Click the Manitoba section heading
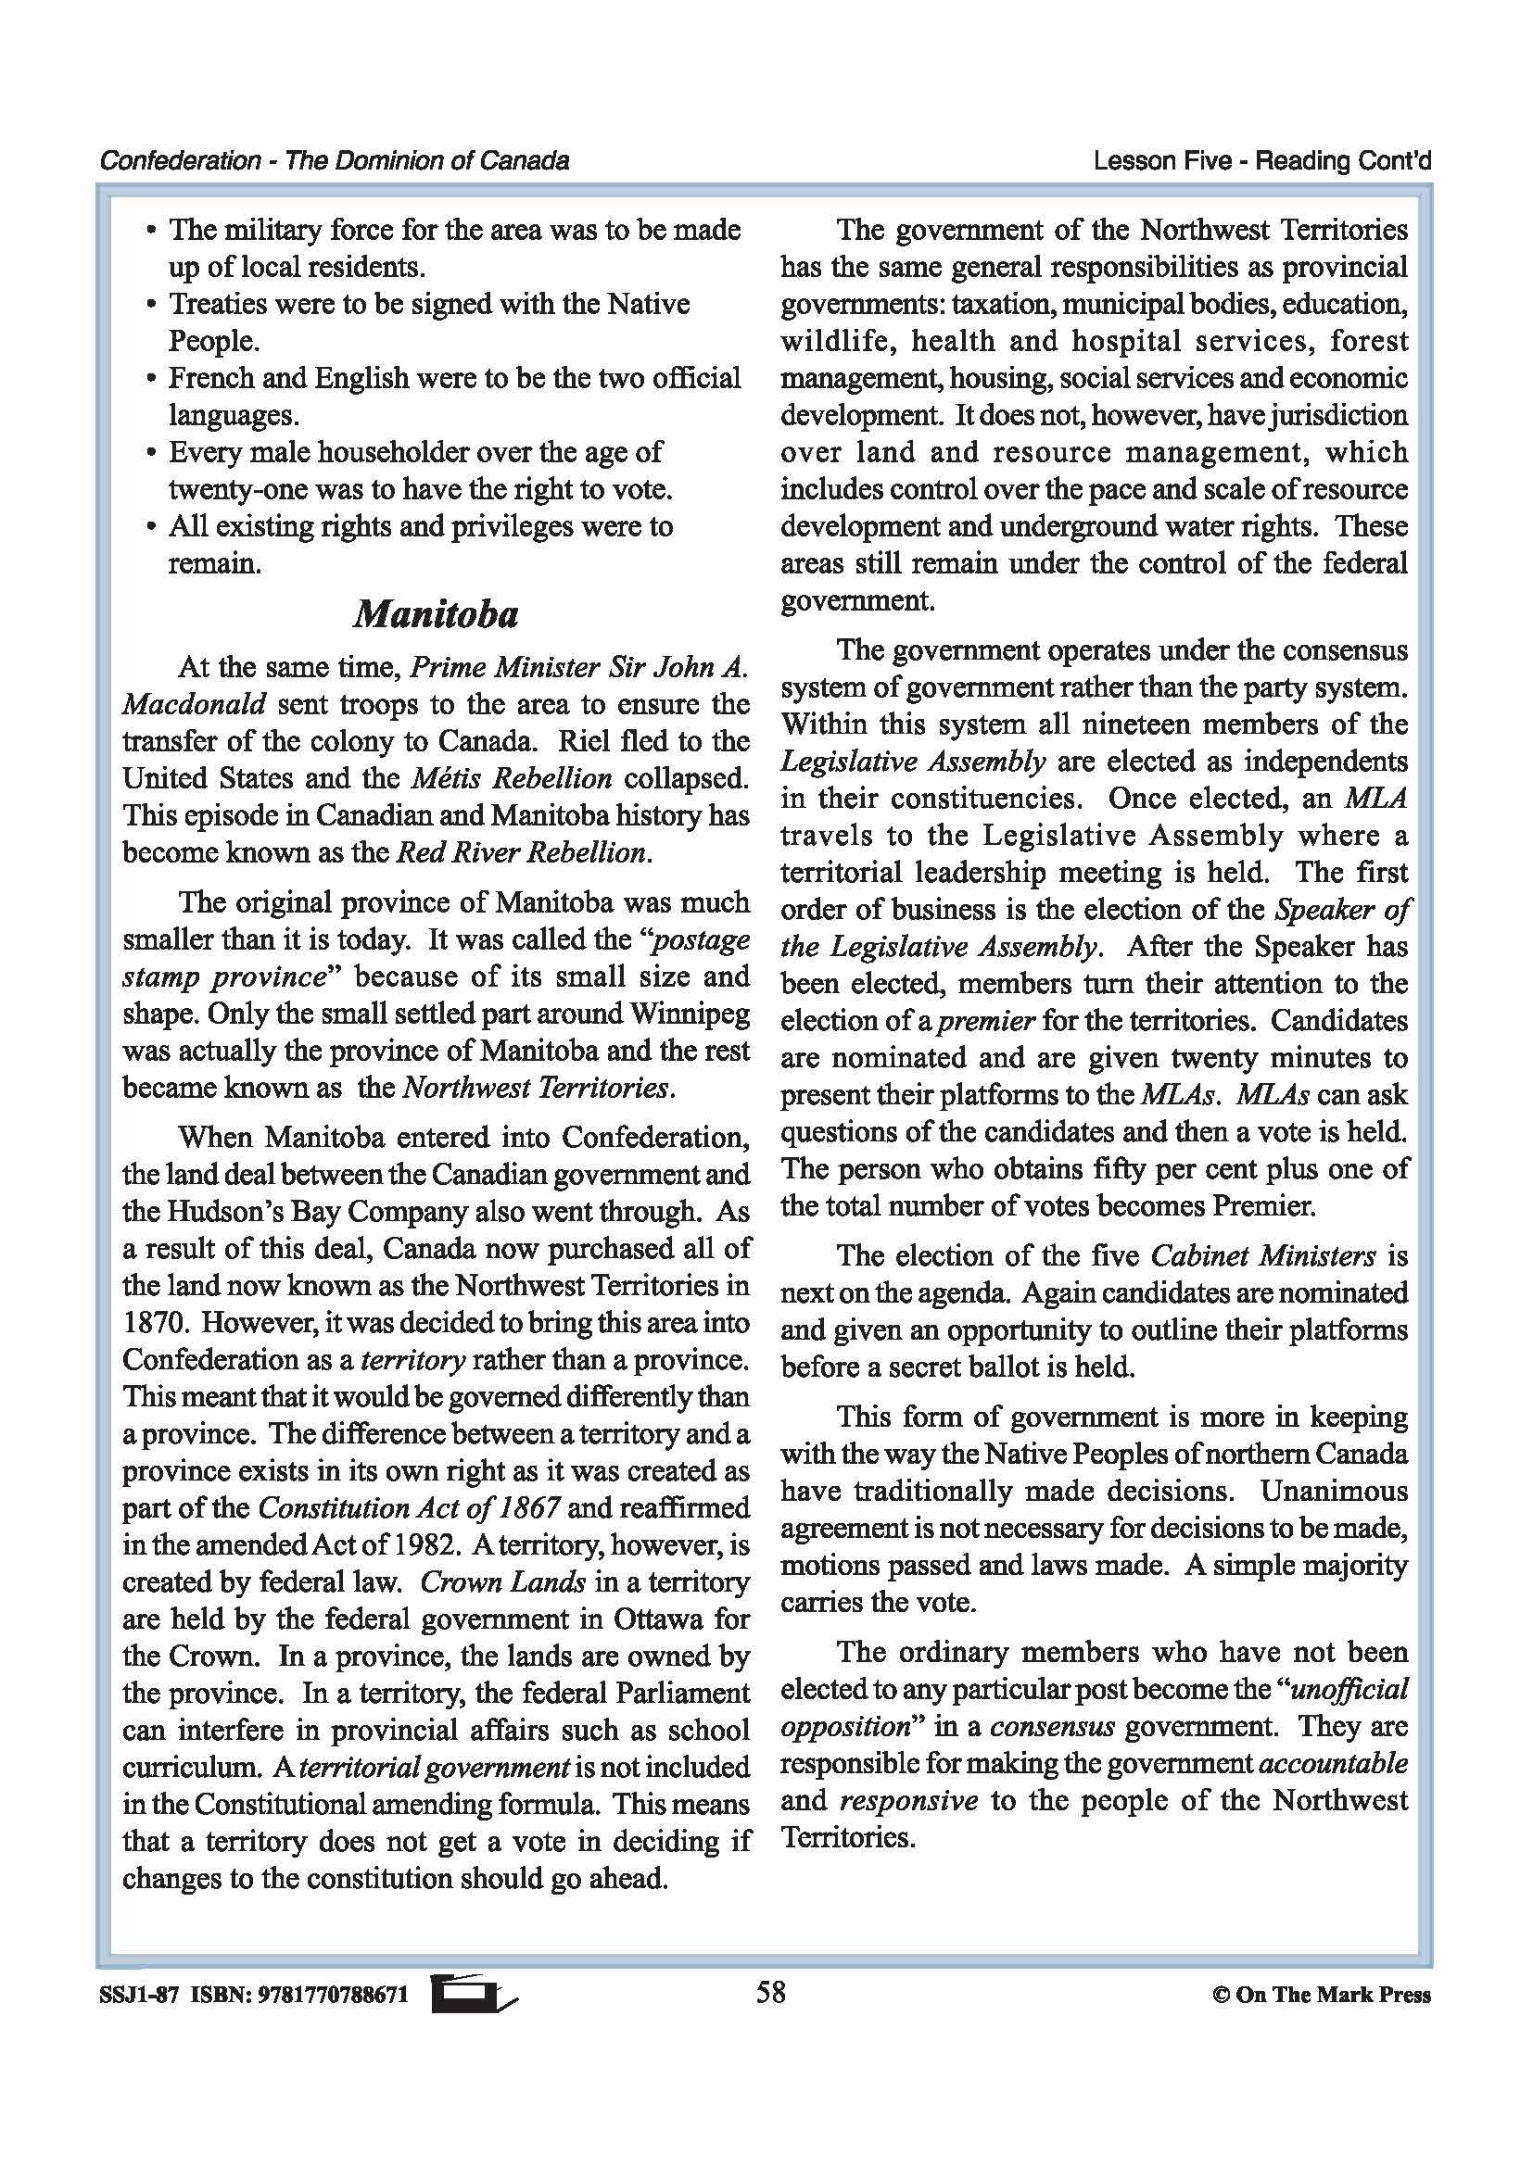(x=437, y=615)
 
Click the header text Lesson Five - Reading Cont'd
(x=1261, y=161)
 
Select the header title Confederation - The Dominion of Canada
(x=335, y=161)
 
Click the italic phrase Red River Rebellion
(x=521, y=853)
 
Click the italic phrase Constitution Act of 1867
(x=409, y=1508)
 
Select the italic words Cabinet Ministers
(x=1263, y=1256)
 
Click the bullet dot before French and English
(x=151, y=380)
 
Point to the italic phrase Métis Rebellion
(x=512, y=778)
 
